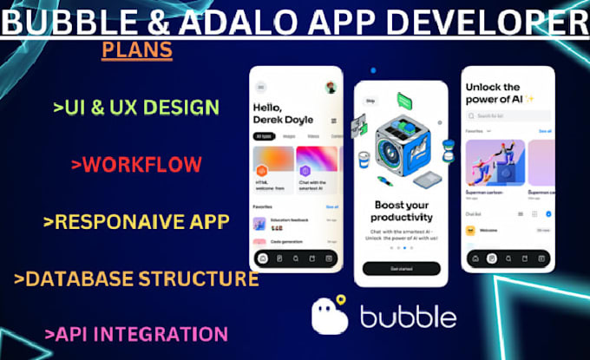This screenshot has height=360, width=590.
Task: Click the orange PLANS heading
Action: pos(136,50)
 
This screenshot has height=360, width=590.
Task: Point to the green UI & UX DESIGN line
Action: pos(135,108)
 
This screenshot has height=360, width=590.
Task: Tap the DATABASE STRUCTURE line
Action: pos(136,278)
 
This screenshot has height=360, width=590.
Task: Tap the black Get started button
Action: pos(401,269)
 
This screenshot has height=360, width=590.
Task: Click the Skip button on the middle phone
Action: pos(370,100)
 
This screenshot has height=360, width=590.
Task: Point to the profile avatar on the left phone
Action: pos(331,87)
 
